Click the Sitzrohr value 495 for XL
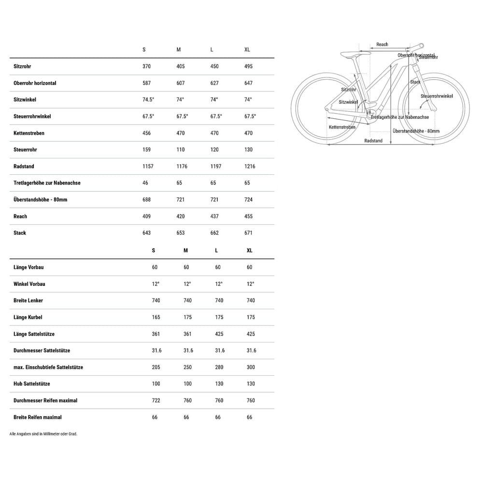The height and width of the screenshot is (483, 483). click(x=248, y=66)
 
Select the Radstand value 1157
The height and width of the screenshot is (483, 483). click(x=148, y=166)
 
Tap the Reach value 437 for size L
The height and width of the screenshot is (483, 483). click(x=214, y=216)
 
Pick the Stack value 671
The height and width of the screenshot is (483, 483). click(x=248, y=233)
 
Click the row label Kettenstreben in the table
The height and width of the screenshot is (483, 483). click(x=29, y=133)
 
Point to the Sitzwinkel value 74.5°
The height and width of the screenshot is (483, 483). click(x=148, y=99)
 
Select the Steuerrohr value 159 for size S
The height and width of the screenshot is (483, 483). click(x=146, y=150)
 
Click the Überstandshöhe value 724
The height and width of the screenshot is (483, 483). click(x=248, y=199)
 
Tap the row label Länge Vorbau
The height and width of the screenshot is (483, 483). click(x=28, y=267)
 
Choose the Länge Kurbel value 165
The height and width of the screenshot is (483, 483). click(x=156, y=317)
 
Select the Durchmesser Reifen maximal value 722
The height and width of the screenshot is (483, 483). click(x=156, y=400)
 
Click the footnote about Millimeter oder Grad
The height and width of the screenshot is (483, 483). click(x=43, y=434)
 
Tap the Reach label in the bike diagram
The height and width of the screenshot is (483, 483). click(x=382, y=44)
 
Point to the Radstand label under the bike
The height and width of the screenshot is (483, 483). click(x=373, y=141)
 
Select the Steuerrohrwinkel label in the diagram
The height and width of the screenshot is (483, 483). click(x=437, y=96)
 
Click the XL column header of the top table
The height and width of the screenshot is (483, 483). click(x=247, y=50)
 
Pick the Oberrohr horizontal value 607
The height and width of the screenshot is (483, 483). click(x=181, y=83)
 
